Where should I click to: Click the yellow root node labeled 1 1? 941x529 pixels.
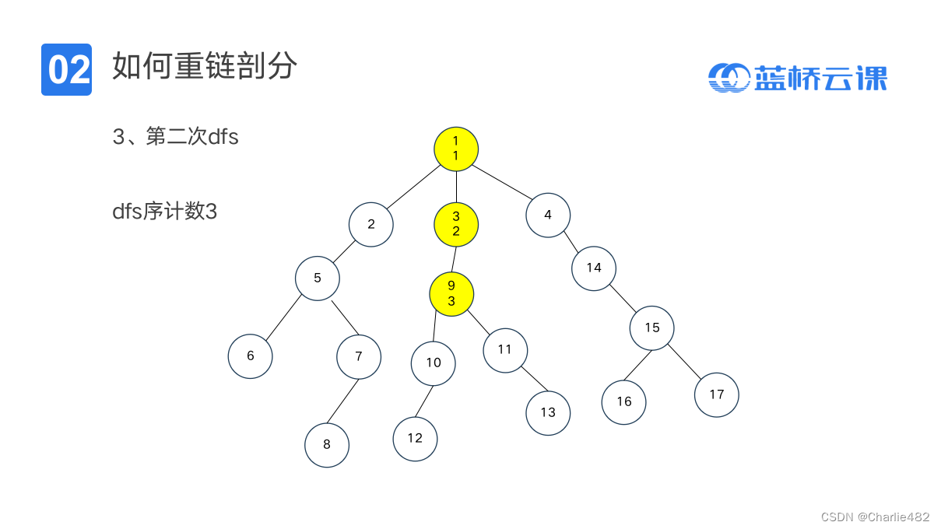pyautogui.click(x=456, y=149)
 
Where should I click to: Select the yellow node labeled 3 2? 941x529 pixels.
pyautogui.click(x=456, y=224)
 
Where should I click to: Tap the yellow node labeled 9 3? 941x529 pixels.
pyautogui.click(x=451, y=293)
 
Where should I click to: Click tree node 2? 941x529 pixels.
pyautogui.click(x=371, y=224)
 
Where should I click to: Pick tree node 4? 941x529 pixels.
pyautogui.click(x=548, y=215)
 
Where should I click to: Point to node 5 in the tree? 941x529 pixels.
pyautogui.click(x=318, y=278)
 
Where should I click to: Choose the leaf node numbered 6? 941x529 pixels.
pyautogui.click(x=251, y=356)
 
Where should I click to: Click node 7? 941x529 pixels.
pyautogui.click(x=359, y=356)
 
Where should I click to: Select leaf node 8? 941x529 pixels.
pyautogui.click(x=327, y=445)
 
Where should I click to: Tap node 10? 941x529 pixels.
pyautogui.click(x=434, y=363)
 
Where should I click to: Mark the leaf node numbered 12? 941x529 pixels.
pyautogui.click(x=415, y=438)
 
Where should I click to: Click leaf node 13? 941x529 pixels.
pyautogui.click(x=548, y=412)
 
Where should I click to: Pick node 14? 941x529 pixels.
pyautogui.click(x=594, y=268)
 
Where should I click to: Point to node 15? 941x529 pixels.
pyautogui.click(x=652, y=328)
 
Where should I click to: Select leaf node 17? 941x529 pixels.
pyautogui.click(x=717, y=394)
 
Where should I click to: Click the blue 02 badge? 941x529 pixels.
pyautogui.click(x=66, y=70)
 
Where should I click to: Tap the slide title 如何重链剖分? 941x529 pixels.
pyautogui.click(x=205, y=67)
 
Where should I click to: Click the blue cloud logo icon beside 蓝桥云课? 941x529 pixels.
pyautogui.click(x=728, y=77)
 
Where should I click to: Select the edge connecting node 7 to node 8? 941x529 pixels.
pyautogui.click(x=342, y=401)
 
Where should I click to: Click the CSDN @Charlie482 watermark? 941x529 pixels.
pyautogui.click(x=875, y=517)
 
